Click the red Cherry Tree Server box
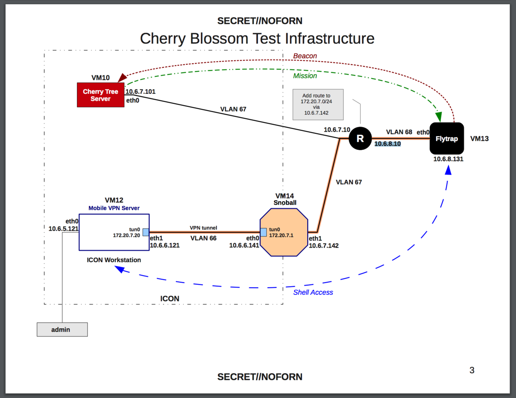click(100, 95)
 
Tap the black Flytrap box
click(447, 139)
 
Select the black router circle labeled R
click(360, 139)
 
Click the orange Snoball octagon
click(284, 232)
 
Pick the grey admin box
click(62, 330)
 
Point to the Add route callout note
click(318, 104)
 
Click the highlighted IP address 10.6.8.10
click(387, 144)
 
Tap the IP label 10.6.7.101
click(140, 91)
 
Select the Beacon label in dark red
click(305, 56)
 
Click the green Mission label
click(305, 76)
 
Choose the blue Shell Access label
click(313, 292)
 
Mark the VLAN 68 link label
click(399, 132)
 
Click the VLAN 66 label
click(204, 238)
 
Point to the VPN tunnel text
click(203, 228)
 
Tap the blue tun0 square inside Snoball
click(264, 232)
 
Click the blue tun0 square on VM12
click(146, 232)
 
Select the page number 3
click(472, 370)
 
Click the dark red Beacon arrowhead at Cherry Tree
click(122, 78)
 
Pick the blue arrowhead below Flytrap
click(448, 170)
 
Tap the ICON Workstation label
click(114, 260)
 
